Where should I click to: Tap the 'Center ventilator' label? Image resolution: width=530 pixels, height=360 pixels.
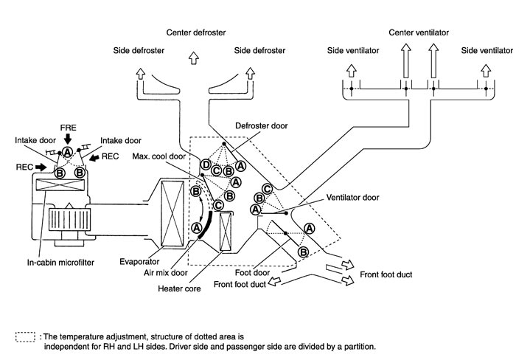[x=419, y=33]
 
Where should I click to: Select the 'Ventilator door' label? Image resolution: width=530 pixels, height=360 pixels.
[x=353, y=198]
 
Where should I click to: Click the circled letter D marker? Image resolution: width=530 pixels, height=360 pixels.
[x=206, y=163]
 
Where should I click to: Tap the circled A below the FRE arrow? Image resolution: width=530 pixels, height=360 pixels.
[x=67, y=152]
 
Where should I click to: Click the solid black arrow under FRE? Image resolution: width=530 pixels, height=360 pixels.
[x=67, y=138]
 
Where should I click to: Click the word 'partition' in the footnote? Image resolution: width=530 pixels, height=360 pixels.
[x=356, y=346]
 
